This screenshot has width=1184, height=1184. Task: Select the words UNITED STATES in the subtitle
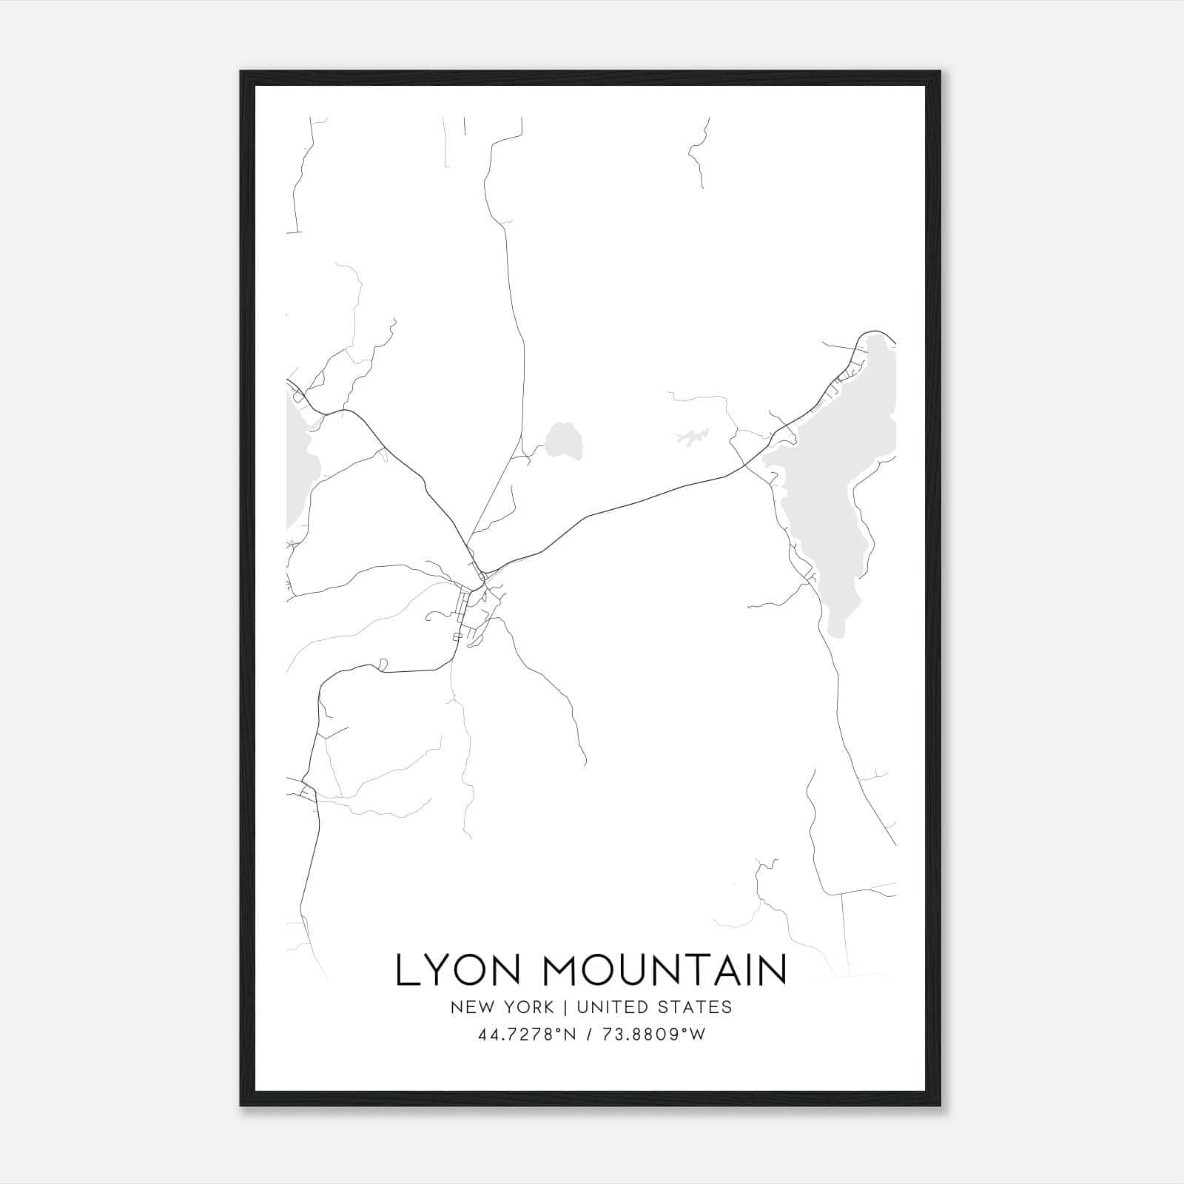click(654, 1007)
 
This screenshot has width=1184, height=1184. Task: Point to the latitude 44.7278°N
click(528, 1035)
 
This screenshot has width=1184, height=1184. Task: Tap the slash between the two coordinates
click(588, 1035)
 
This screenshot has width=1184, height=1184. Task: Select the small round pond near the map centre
click(565, 442)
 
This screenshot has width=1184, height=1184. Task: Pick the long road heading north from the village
click(514, 296)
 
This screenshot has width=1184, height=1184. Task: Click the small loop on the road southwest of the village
click(383, 664)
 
